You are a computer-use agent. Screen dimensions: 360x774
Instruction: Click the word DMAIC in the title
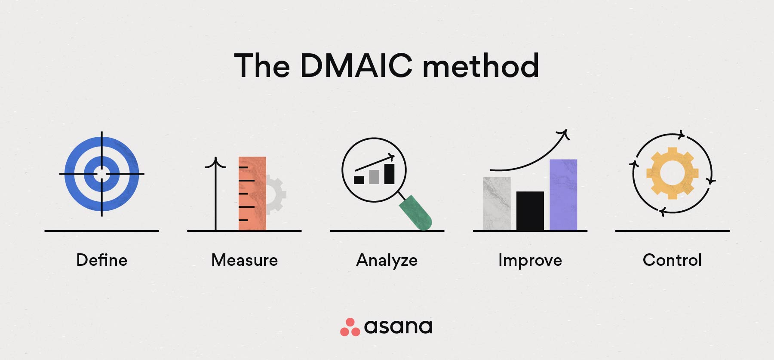[356, 66]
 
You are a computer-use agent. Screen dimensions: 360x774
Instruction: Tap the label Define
[102, 260]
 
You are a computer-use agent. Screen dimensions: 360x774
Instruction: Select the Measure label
[245, 260]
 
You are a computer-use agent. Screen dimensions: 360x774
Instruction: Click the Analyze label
[387, 261]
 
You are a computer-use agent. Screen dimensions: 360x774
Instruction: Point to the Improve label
[530, 261]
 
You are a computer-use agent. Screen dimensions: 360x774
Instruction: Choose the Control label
[672, 260]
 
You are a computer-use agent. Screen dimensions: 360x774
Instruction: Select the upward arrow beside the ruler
[215, 194]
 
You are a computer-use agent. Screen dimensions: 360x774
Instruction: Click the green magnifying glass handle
[415, 212]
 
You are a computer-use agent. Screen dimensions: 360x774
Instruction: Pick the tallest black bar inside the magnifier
[389, 174]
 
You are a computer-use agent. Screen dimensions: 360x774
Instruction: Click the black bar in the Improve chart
[530, 211]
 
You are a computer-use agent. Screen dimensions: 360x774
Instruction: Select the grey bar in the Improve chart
[497, 204]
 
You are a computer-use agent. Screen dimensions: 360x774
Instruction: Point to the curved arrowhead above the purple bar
[564, 134]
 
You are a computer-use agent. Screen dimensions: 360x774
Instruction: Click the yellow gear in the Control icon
[672, 173]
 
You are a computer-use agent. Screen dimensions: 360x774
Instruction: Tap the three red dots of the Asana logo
[350, 328]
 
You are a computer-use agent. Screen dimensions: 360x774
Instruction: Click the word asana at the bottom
[398, 327]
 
